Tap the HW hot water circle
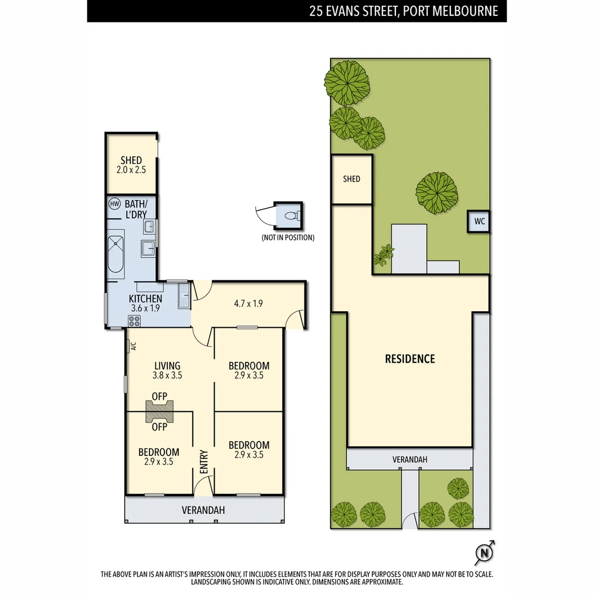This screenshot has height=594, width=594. (x=114, y=204)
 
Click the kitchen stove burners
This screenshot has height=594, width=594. (x=134, y=321)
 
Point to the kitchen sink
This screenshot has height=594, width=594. (x=184, y=296)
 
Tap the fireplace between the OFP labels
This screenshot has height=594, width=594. (x=159, y=411)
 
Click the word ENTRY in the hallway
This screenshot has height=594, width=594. (x=204, y=462)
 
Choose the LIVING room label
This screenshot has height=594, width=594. (x=167, y=366)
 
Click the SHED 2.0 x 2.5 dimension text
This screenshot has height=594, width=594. (x=131, y=170)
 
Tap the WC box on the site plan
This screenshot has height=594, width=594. (x=479, y=222)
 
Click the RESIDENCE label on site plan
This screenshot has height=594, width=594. (x=410, y=359)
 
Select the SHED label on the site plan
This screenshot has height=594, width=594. (x=351, y=179)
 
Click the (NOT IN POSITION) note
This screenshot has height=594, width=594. (x=288, y=238)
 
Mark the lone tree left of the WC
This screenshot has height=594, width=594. (x=436, y=191)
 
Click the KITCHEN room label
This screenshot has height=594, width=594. (x=145, y=299)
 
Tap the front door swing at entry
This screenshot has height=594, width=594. (x=204, y=485)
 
